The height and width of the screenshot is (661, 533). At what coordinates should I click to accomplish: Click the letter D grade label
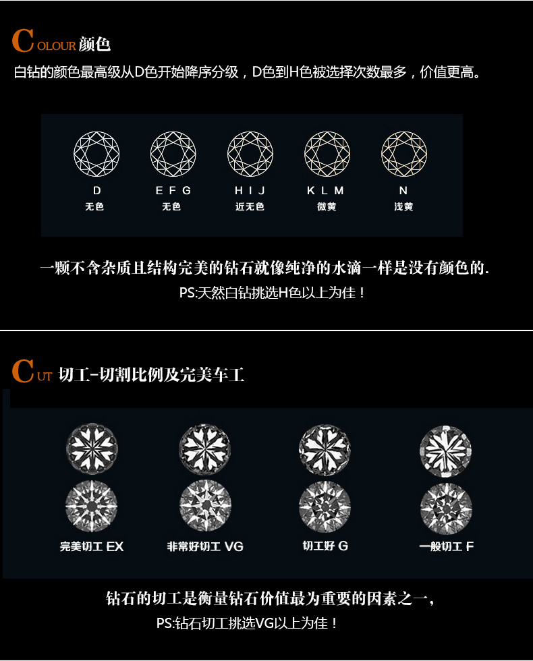click(x=97, y=190)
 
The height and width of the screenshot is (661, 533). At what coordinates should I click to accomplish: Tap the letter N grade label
click(x=403, y=190)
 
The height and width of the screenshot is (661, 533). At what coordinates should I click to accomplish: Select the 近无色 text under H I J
click(x=250, y=206)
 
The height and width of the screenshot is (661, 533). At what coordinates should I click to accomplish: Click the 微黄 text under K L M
click(x=327, y=206)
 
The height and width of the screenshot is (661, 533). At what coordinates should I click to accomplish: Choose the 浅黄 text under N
click(x=403, y=206)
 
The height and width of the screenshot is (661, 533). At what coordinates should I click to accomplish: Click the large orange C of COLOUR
click(x=23, y=40)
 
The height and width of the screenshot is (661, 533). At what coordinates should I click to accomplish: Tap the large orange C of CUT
click(x=23, y=370)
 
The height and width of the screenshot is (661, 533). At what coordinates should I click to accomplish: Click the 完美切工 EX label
click(x=92, y=547)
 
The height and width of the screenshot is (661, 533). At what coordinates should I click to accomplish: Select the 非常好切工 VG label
click(x=205, y=547)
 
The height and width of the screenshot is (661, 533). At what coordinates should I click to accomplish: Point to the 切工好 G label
click(x=325, y=546)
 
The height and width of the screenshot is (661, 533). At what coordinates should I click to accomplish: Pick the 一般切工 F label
click(x=446, y=547)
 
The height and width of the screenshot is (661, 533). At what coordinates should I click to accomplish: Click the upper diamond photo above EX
click(x=92, y=449)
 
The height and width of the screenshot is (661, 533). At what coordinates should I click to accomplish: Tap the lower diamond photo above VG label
click(x=205, y=505)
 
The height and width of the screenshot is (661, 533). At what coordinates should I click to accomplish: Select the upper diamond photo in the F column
click(x=446, y=451)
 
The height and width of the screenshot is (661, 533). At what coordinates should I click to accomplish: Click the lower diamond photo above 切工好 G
click(x=325, y=507)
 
